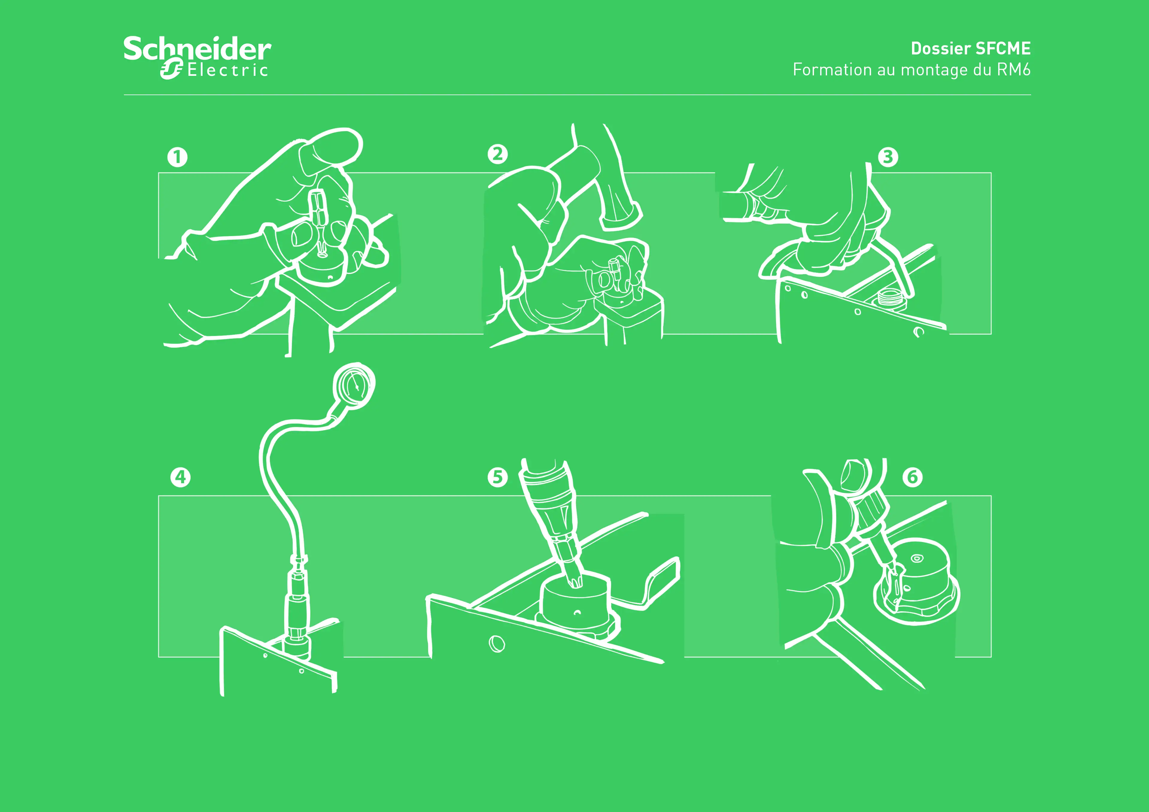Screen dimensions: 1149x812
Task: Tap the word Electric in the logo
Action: [x=228, y=70]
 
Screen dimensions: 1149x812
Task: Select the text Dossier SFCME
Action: [x=970, y=48]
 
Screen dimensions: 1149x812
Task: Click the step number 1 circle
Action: [x=177, y=157]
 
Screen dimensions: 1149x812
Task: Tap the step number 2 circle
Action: [x=497, y=154]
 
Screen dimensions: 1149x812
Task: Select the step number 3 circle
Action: [x=888, y=157]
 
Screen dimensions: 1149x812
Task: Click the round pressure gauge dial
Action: [x=354, y=386]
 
